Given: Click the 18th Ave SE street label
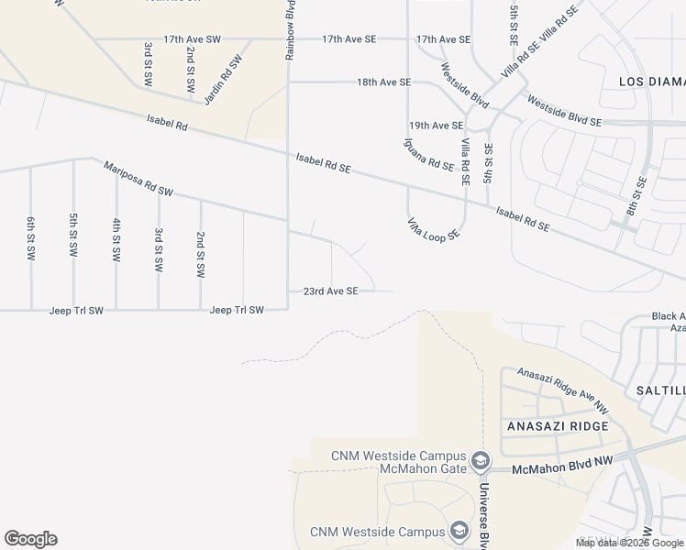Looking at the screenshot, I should coord(383,82).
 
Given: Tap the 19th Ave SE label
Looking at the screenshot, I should coord(436,126).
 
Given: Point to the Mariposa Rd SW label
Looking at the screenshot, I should coord(138,180).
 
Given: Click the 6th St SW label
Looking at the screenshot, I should coord(31,238).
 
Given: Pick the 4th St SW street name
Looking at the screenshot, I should coord(116,241).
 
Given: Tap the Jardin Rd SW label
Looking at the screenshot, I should coord(223,79).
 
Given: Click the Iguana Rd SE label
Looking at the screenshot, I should coord(428,154).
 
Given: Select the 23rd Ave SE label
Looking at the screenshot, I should coord(330,291).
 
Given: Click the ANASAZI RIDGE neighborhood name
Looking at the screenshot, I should coord(557,427).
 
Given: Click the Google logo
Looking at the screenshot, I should coord(30,539).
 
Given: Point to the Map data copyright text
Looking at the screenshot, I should coord(629,543).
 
